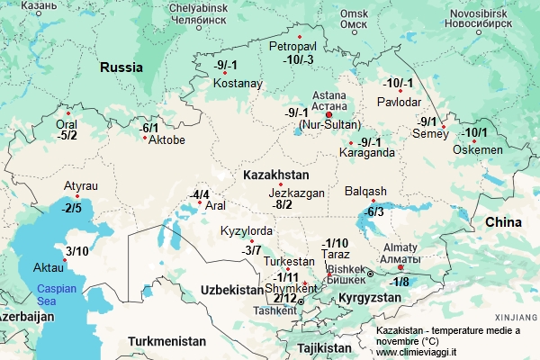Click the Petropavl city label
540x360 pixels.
tap(292, 44)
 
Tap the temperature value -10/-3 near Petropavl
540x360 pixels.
tap(298, 59)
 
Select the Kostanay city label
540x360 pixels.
tap(238, 84)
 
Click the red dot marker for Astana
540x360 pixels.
tap(328, 115)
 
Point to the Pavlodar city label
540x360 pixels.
tap(399, 101)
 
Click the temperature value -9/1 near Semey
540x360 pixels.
tap(427, 121)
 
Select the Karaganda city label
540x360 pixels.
tap(366, 153)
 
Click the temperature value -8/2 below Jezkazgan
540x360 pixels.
tap(283, 204)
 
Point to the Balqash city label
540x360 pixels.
tap(365, 191)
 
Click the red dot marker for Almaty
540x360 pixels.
tap(400, 265)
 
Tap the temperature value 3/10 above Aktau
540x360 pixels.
tap(78, 251)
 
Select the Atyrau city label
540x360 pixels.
tap(81, 185)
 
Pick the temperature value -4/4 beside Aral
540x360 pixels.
tap(199, 194)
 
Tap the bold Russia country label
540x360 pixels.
tap(121, 67)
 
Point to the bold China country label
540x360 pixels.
tap(503, 221)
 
